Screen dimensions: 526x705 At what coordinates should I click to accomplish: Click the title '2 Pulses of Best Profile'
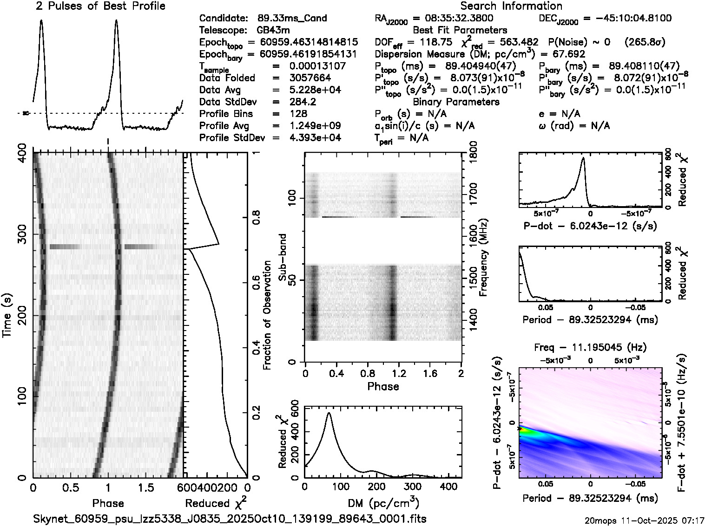pyautogui.click(x=100, y=6)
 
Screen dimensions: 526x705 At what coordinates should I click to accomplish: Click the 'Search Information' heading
pyautogui.click(x=511, y=6)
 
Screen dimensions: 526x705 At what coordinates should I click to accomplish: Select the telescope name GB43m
pyautogui.click(x=274, y=30)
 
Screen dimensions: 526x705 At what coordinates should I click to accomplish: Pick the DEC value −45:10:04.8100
pyautogui.click(x=627, y=18)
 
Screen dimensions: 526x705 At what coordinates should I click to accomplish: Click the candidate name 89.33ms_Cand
pyautogui.click(x=292, y=18)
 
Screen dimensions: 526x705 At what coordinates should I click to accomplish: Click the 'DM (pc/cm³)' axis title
pyautogui.click(x=383, y=503)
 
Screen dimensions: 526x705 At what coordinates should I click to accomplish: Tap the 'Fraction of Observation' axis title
pyautogui.click(x=267, y=315)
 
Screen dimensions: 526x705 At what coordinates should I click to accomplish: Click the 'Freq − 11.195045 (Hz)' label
pyautogui.click(x=590, y=347)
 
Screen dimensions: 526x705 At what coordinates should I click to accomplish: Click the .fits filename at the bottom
pyautogui.click(x=230, y=518)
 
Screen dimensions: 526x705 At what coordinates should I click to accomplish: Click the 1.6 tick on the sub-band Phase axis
pyautogui.click(x=430, y=373)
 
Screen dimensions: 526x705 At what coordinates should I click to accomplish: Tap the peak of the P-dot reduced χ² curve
pyautogui.click(x=583, y=158)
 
